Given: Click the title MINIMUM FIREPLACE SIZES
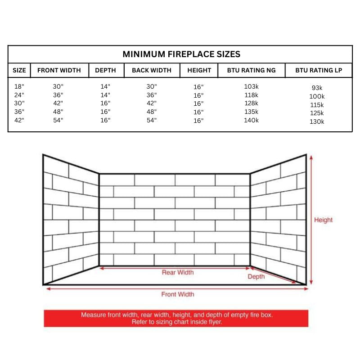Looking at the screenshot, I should tap(181, 54).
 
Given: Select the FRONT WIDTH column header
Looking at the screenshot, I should tap(59, 70).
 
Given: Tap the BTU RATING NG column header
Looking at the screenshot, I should tap(251, 70).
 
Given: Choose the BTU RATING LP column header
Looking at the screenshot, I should tap(319, 70).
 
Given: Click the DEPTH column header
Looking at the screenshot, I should tap(105, 70).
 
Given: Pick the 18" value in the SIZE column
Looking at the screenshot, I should tap(19, 86).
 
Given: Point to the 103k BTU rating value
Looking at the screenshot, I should tap(251, 86).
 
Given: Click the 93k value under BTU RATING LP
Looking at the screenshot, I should tap(317, 88).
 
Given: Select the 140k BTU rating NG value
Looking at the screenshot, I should tap(251, 120).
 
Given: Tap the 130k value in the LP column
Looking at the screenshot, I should tap(317, 121).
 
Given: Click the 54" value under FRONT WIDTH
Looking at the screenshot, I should tap(58, 120).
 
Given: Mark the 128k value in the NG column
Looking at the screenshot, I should tap(251, 103).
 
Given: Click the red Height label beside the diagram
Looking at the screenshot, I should tap(323, 220).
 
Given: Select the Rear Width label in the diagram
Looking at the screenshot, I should tap(178, 272).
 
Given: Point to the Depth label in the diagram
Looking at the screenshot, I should tap(256, 277).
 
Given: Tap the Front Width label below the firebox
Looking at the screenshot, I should tap(178, 294).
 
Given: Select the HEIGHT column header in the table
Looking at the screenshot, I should tap(199, 70).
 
